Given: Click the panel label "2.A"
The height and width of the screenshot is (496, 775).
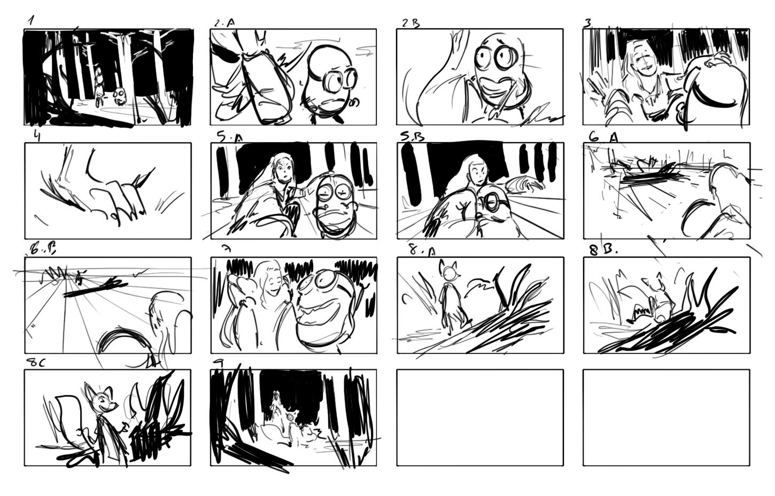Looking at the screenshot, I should [x=224, y=23].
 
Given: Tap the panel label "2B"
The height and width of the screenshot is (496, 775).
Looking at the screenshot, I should [x=410, y=23].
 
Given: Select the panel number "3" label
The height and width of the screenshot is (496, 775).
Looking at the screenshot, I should [x=587, y=22].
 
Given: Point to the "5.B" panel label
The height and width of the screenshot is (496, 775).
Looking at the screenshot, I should [x=412, y=137].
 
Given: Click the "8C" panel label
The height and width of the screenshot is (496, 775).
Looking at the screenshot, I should [x=36, y=362].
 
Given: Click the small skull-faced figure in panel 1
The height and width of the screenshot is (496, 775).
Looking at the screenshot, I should [x=119, y=97].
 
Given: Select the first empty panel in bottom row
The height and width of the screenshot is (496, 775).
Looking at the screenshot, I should [x=479, y=417].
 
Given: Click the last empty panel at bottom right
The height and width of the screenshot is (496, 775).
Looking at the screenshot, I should [x=666, y=417].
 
